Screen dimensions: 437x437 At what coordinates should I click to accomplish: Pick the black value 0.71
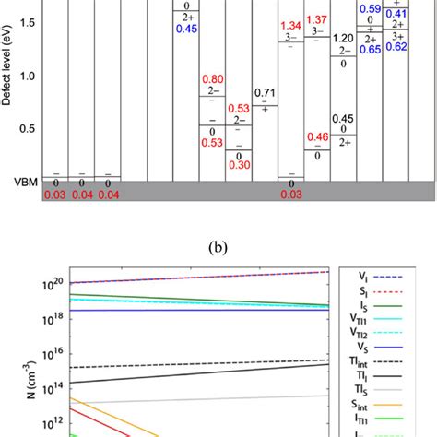[265, 92]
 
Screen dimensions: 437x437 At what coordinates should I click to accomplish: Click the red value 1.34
[290, 25]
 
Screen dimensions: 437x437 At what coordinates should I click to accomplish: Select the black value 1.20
[343, 38]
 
